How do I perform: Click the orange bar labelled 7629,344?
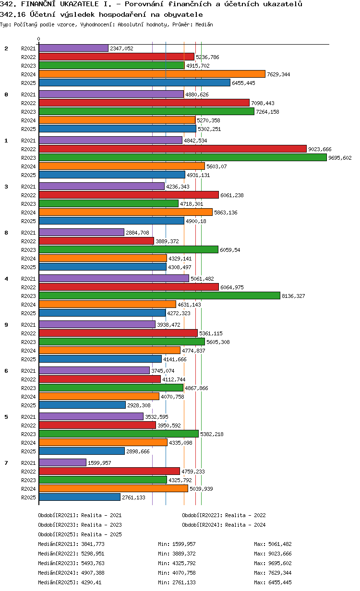coord(152,74)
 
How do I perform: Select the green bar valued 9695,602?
coord(182,157)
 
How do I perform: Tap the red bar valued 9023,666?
coord(172,149)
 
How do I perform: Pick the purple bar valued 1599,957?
coord(62,462)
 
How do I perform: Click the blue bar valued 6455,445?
coord(134,83)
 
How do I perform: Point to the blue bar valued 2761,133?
coord(79,497)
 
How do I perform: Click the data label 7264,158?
coord(267,112)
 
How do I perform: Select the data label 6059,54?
coord(230,250)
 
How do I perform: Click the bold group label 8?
coord(6,233)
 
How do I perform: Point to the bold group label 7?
coord(6,463)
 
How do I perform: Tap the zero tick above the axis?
coord(39,39)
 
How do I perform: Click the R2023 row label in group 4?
coord(28,296)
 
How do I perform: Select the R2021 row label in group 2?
coord(28,48)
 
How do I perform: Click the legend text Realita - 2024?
coord(245,525)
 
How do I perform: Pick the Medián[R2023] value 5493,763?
coord(93,563)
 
